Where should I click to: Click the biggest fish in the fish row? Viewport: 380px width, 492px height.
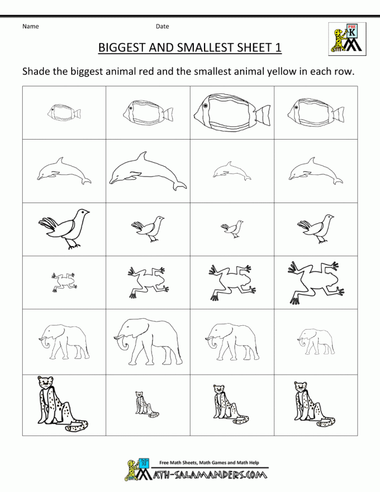pyautogui.click(x=232, y=113)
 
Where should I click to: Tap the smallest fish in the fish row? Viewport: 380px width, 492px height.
pyautogui.click(x=64, y=112)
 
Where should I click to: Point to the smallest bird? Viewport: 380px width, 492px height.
pyautogui.click(x=232, y=229)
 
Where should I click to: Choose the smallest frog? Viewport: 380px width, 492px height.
pyautogui.click(x=64, y=282)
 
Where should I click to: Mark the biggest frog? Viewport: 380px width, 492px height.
pyautogui.click(x=316, y=282)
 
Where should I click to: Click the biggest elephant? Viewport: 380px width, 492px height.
pyautogui.click(x=148, y=342)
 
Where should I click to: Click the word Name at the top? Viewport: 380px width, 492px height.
pyautogui.click(x=30, y=27)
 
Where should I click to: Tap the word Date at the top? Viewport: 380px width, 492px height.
pyautogui.click(x=162, y=27)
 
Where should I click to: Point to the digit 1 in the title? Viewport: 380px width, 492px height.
pyautogui.click(x=278, y=47)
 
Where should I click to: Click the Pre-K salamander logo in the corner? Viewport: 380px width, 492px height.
pyautogui.click(x=347, y=39)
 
